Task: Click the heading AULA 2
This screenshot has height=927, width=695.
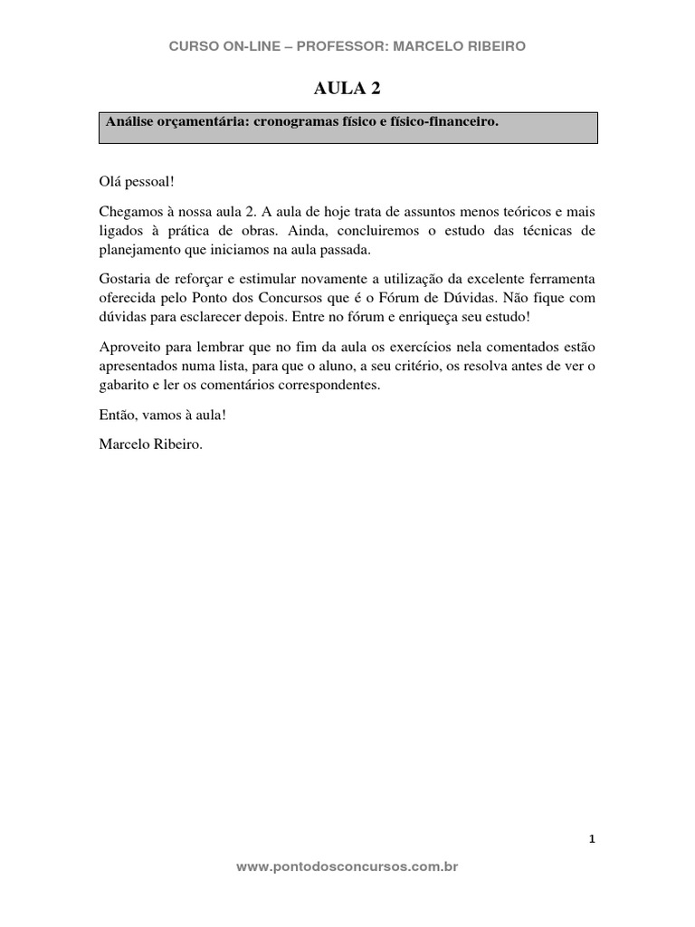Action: [x=347, y=88]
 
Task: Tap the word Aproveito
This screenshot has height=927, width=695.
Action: [x=128, y=346]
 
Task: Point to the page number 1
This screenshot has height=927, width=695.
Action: [x=592, y=839]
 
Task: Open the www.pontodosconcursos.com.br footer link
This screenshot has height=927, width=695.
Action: [x=347, y=866]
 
